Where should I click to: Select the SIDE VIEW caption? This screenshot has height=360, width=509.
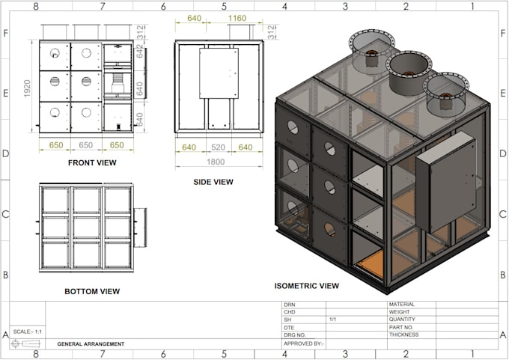[214, 182]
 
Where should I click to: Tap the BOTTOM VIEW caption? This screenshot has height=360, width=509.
[93, 291]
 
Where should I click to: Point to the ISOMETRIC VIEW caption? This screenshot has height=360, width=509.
[306, 285]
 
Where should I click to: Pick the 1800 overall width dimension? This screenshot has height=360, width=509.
[216, 161]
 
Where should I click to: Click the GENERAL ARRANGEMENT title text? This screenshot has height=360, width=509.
[91, 344]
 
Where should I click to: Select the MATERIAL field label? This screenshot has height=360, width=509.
[401, 305]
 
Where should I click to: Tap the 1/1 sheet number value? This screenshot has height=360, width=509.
[332, 320]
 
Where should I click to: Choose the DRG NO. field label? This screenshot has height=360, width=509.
[294, 335]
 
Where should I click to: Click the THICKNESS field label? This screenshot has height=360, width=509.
[403, 335]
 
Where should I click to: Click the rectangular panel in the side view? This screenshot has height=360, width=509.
[218, 73]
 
